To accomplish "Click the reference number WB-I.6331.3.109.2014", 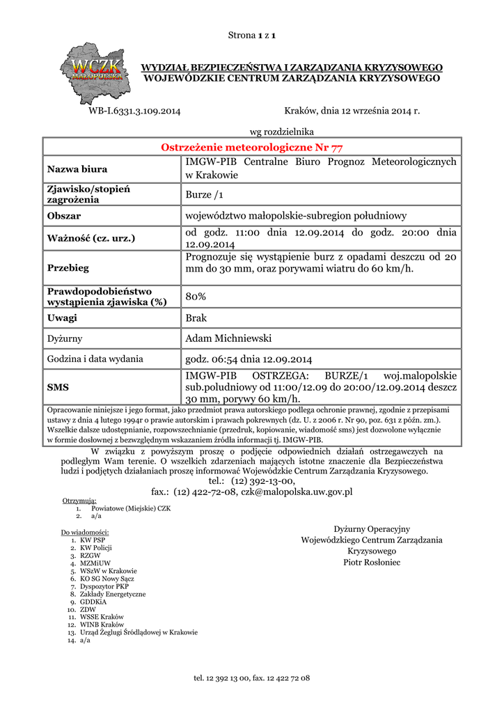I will pos(135,111).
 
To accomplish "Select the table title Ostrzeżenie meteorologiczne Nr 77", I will pos(251,147).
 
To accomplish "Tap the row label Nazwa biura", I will pos(77,169).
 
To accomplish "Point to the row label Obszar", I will pos(64,217).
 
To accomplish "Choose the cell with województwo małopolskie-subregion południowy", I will pos(295,217).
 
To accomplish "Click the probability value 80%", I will pos(196,297).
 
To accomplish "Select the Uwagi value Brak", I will pos(196,318).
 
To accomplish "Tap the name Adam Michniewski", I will pos(228,339).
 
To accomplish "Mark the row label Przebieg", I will pos(68,268).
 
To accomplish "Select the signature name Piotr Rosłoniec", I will pos(372,562).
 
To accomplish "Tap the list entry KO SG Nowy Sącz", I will pos(107,579).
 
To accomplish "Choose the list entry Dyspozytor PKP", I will pos(104,586).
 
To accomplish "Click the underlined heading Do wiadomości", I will pos(86,533).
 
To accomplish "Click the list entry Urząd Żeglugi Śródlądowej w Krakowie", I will pos(139,632).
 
